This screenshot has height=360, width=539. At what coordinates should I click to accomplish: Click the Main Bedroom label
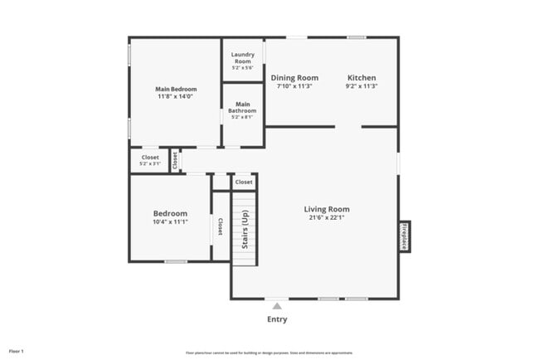[174, 88]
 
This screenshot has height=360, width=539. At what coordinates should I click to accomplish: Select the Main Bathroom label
[242, 107]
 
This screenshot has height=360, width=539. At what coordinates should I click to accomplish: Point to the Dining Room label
[295, 78]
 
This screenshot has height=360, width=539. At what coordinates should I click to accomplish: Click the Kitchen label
[362, 78]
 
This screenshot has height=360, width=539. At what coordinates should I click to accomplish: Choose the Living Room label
[326, 209]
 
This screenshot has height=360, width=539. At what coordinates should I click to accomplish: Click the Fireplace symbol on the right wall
[405, 236]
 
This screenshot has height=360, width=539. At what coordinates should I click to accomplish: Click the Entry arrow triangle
[277, 306]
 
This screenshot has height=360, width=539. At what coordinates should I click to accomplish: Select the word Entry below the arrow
[277, 319]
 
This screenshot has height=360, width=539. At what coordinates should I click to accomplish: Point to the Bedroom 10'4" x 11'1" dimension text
[170, 221]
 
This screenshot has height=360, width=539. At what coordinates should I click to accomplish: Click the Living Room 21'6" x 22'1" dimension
[326, 218]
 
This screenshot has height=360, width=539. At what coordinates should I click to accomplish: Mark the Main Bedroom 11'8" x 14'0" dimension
[174, 96]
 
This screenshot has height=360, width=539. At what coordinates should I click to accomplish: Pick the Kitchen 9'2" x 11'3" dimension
[362, 86]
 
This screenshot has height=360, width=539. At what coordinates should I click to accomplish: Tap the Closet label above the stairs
[244, 182]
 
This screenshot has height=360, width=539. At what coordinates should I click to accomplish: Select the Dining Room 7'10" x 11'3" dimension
[295, 86]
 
